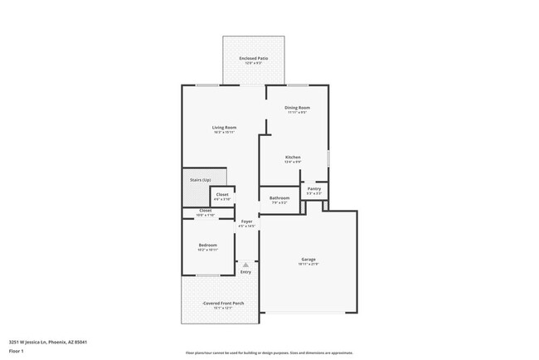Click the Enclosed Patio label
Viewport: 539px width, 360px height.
[254, 58]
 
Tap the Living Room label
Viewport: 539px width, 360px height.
[224, 127]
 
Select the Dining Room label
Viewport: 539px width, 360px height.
[297, 107]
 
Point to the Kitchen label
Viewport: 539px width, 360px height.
[293, 157]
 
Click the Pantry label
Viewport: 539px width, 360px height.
[313, 188]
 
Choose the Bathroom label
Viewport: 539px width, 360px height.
[279, 197]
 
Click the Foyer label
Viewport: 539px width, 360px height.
[246, 221]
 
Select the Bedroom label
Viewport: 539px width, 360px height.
[207, 245]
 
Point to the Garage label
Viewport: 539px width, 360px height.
[308, 260]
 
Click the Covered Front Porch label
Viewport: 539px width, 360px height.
[223, 303]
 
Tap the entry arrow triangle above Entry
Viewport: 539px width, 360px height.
[245, 265]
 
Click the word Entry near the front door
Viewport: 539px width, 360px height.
[245, 272]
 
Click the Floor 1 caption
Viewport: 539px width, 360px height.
[17, 351]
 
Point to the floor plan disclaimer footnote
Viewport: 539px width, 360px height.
[269, 352]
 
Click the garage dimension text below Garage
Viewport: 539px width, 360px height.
[308, 265]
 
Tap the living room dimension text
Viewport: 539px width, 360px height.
[224, 132]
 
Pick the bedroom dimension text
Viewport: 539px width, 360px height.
[207, 250]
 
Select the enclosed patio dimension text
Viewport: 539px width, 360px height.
[254, 63]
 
